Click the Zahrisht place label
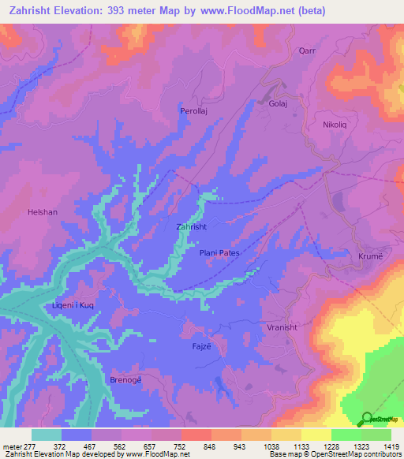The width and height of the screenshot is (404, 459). pos(192,226)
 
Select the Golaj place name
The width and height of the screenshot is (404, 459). pos(278,103)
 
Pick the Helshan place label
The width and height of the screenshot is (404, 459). pos(43,212)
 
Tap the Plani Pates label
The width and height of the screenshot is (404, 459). pos(219,252)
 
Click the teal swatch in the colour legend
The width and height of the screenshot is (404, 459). pos(47,435)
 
